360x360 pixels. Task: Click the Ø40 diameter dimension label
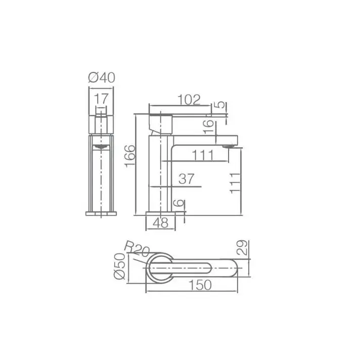pyautogui.click(x=102, y=77)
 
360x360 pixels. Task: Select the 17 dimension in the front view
pyautogui.click(x=101, y=99)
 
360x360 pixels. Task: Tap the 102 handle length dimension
pyautogui.click(x=189, y=100)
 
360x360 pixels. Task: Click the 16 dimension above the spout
pyautogui.click(x=208, y=126)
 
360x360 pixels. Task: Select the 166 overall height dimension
pyautogui.click(x=130, y=156)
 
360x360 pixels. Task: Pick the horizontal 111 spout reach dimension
pyautogui.click(x=203, y=155)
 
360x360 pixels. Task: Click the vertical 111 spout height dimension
pyautogui.click(x=235, y=184)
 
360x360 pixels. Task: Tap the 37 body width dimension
pyautogui.click(x=187, y=178)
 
